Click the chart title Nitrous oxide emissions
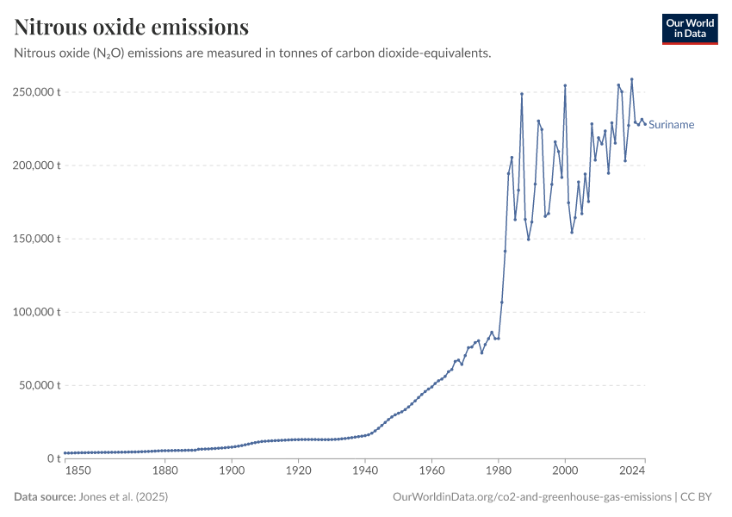(x=132, y=28)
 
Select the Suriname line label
(x=671, y=125)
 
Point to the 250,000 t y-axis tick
(x=35, y=92)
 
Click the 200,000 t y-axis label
(x=35, y=165)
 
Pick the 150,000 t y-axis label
(x=35, y=239)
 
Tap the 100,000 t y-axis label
(x=35, y=312)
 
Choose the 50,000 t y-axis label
(x=39, y=385)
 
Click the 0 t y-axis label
(x=53, y=458)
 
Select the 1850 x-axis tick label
(x=77, y=470)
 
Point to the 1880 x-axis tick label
(x=164, y=470)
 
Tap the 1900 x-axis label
(x=231, y=470)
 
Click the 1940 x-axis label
(x=364, y=470)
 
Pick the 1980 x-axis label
(x=498, y=470)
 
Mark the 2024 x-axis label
(x=632, y=470)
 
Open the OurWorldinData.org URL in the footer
(x=531, y=497)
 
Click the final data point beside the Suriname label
(x=645, y=124)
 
